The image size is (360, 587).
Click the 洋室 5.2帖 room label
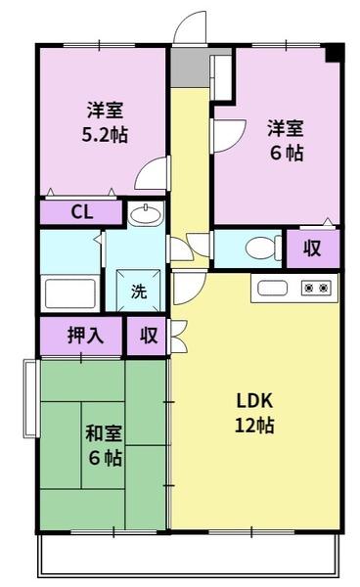(105, 122)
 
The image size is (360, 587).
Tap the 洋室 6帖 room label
(286, 140)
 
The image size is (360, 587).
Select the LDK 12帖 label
(254, 413)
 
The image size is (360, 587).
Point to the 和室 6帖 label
(104, 445)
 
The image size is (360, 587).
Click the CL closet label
(82, 212)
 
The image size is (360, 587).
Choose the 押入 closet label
(85, 335)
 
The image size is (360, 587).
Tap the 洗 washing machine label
(139, 291)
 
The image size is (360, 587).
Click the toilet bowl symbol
(263, 248)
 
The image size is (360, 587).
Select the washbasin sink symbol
(146, 214)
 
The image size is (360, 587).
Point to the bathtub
(70, 293)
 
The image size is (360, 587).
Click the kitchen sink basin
(272, 288)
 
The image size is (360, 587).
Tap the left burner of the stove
(309, 288)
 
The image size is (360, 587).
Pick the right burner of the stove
(324, 288)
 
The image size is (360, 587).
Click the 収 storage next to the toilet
(312, 248)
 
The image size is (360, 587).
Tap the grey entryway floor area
(190, 67)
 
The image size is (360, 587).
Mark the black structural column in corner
(335, 53)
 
